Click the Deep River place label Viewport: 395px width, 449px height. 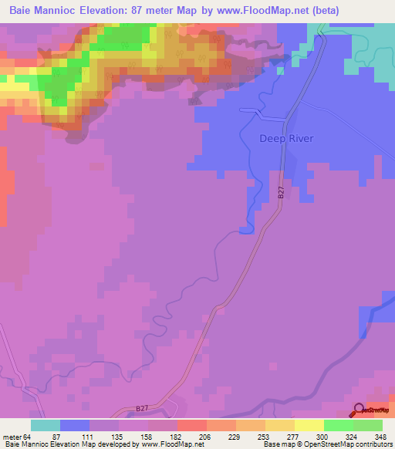286,140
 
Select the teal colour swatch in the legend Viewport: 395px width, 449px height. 46,424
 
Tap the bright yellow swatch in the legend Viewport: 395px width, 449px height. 309,424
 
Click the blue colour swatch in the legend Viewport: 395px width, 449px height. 75,424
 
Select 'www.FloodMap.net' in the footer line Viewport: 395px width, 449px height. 166,444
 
